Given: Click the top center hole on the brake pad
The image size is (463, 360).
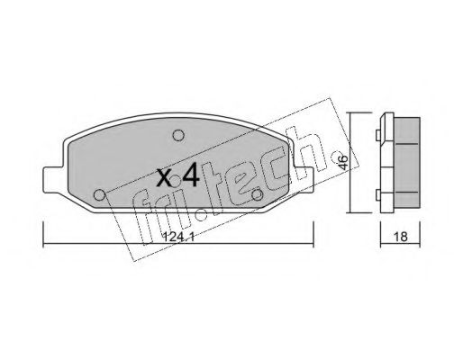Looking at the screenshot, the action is (x=178, y=135).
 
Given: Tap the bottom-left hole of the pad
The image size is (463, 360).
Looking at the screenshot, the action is (x=99, y=195).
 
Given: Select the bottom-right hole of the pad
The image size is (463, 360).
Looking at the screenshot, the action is (x=258, y=195).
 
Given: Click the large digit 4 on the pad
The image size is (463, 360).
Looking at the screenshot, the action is (x=191, y=175).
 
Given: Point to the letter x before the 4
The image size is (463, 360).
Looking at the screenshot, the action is (x=165, y=177).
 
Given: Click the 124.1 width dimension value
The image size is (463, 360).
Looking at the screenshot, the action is (x=178, y=238).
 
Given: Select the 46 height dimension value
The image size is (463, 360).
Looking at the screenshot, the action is (x=344, y=162).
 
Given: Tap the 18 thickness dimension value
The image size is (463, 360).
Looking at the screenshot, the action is (x=401, y=237).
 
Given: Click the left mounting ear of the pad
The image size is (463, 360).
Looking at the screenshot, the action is (x=53, y=180).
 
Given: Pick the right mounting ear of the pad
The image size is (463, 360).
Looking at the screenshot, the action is (x=304, y=180).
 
